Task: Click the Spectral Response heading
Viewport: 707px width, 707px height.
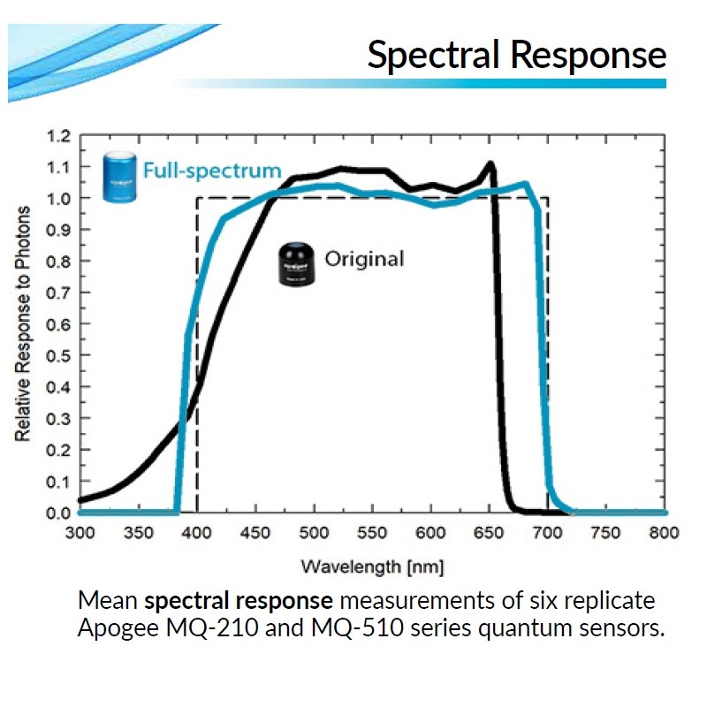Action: tap(516, 55)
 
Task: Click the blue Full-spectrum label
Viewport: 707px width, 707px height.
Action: tap(212, 171)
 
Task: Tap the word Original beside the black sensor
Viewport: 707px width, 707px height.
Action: tap(364, 259)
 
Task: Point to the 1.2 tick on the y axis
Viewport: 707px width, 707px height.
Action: tap(57, 136)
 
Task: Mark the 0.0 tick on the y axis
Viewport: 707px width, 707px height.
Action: tap(57, 513)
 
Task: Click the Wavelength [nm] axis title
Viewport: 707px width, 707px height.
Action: tap(372, 566)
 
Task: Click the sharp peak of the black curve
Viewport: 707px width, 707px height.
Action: tap(490, 163)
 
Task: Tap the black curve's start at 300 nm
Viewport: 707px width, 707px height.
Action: tap(81, 500)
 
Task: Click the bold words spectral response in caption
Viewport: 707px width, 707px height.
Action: tap(239, 601)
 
